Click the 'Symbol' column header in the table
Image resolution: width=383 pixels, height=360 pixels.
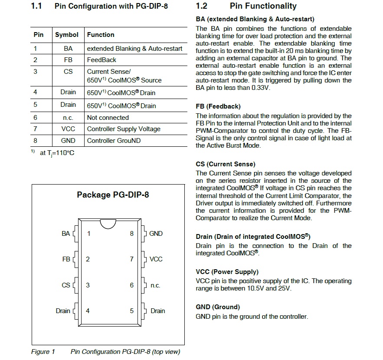point(67,35)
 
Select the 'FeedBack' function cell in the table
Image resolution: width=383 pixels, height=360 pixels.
point(101,60)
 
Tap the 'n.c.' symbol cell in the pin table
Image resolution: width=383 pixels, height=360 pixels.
point(68,118)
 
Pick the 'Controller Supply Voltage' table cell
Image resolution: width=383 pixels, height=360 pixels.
point(124,129)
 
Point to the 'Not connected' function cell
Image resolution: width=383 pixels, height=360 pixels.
point(108,118)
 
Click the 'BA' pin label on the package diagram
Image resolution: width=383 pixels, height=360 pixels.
point(65,234)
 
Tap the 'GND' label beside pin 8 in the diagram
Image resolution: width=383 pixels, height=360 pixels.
point(156,234)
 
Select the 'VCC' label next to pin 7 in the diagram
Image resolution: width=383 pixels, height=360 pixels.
point(156,259)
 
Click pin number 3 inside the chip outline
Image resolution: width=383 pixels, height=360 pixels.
point(88,285)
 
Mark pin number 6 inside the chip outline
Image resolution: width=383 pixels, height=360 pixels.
point(132,285)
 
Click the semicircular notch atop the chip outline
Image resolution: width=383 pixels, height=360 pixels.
point(108,223)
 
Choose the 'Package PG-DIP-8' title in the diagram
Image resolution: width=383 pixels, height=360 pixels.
point(113,195)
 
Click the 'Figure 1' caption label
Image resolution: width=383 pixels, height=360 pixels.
point(43,352)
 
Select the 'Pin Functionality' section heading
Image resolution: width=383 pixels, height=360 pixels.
point(263,6)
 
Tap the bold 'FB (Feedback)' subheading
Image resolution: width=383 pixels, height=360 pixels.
point(218,106)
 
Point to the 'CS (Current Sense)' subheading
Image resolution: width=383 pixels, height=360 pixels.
point(226,164)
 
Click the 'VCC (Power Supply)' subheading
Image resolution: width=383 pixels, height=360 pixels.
point(227,272)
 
